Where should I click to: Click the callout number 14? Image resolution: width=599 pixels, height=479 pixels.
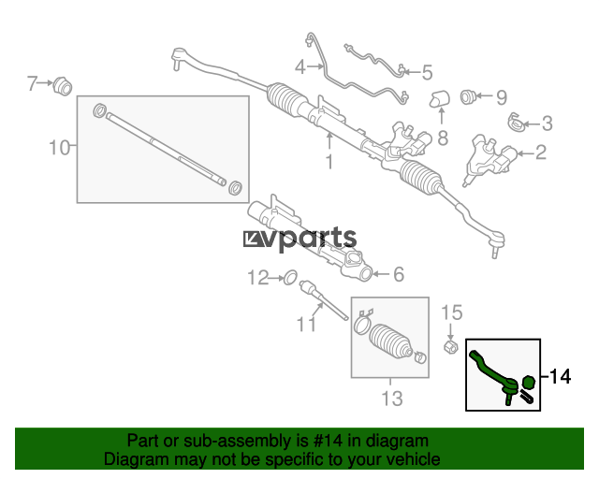tap(560, 377)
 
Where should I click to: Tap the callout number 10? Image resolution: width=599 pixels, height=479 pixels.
tap(60, 148)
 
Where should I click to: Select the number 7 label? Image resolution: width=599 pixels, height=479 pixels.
tap(32, 83)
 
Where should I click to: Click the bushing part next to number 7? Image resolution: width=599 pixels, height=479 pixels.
tap(63, 86)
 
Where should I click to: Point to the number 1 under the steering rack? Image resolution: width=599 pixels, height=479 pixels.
tap(329, 162)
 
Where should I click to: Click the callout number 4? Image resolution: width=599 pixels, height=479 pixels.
tap(300, 67)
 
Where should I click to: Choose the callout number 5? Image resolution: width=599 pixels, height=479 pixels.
tap(427, 73)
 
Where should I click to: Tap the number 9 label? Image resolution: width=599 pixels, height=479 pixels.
tap(502, 97)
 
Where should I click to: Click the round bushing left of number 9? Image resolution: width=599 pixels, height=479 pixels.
tap(467, 97)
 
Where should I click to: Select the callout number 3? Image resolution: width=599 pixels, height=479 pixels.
tap(547, 123)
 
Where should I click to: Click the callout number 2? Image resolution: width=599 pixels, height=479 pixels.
tap(541, 152)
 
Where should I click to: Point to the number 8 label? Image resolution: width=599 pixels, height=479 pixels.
tap(443, 138)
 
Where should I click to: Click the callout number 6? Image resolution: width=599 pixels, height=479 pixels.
tap(399, 274)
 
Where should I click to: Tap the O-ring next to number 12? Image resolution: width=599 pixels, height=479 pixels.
tap(290, 278)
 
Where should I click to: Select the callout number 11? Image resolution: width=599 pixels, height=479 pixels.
tap(306, 325)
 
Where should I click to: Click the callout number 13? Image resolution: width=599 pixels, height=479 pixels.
tap(392, 399)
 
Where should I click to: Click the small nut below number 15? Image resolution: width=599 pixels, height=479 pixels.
tap(450, 346)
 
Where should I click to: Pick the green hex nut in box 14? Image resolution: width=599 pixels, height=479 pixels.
tap(528, 382)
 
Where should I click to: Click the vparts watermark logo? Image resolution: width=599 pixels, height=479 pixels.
tap(299, 239)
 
